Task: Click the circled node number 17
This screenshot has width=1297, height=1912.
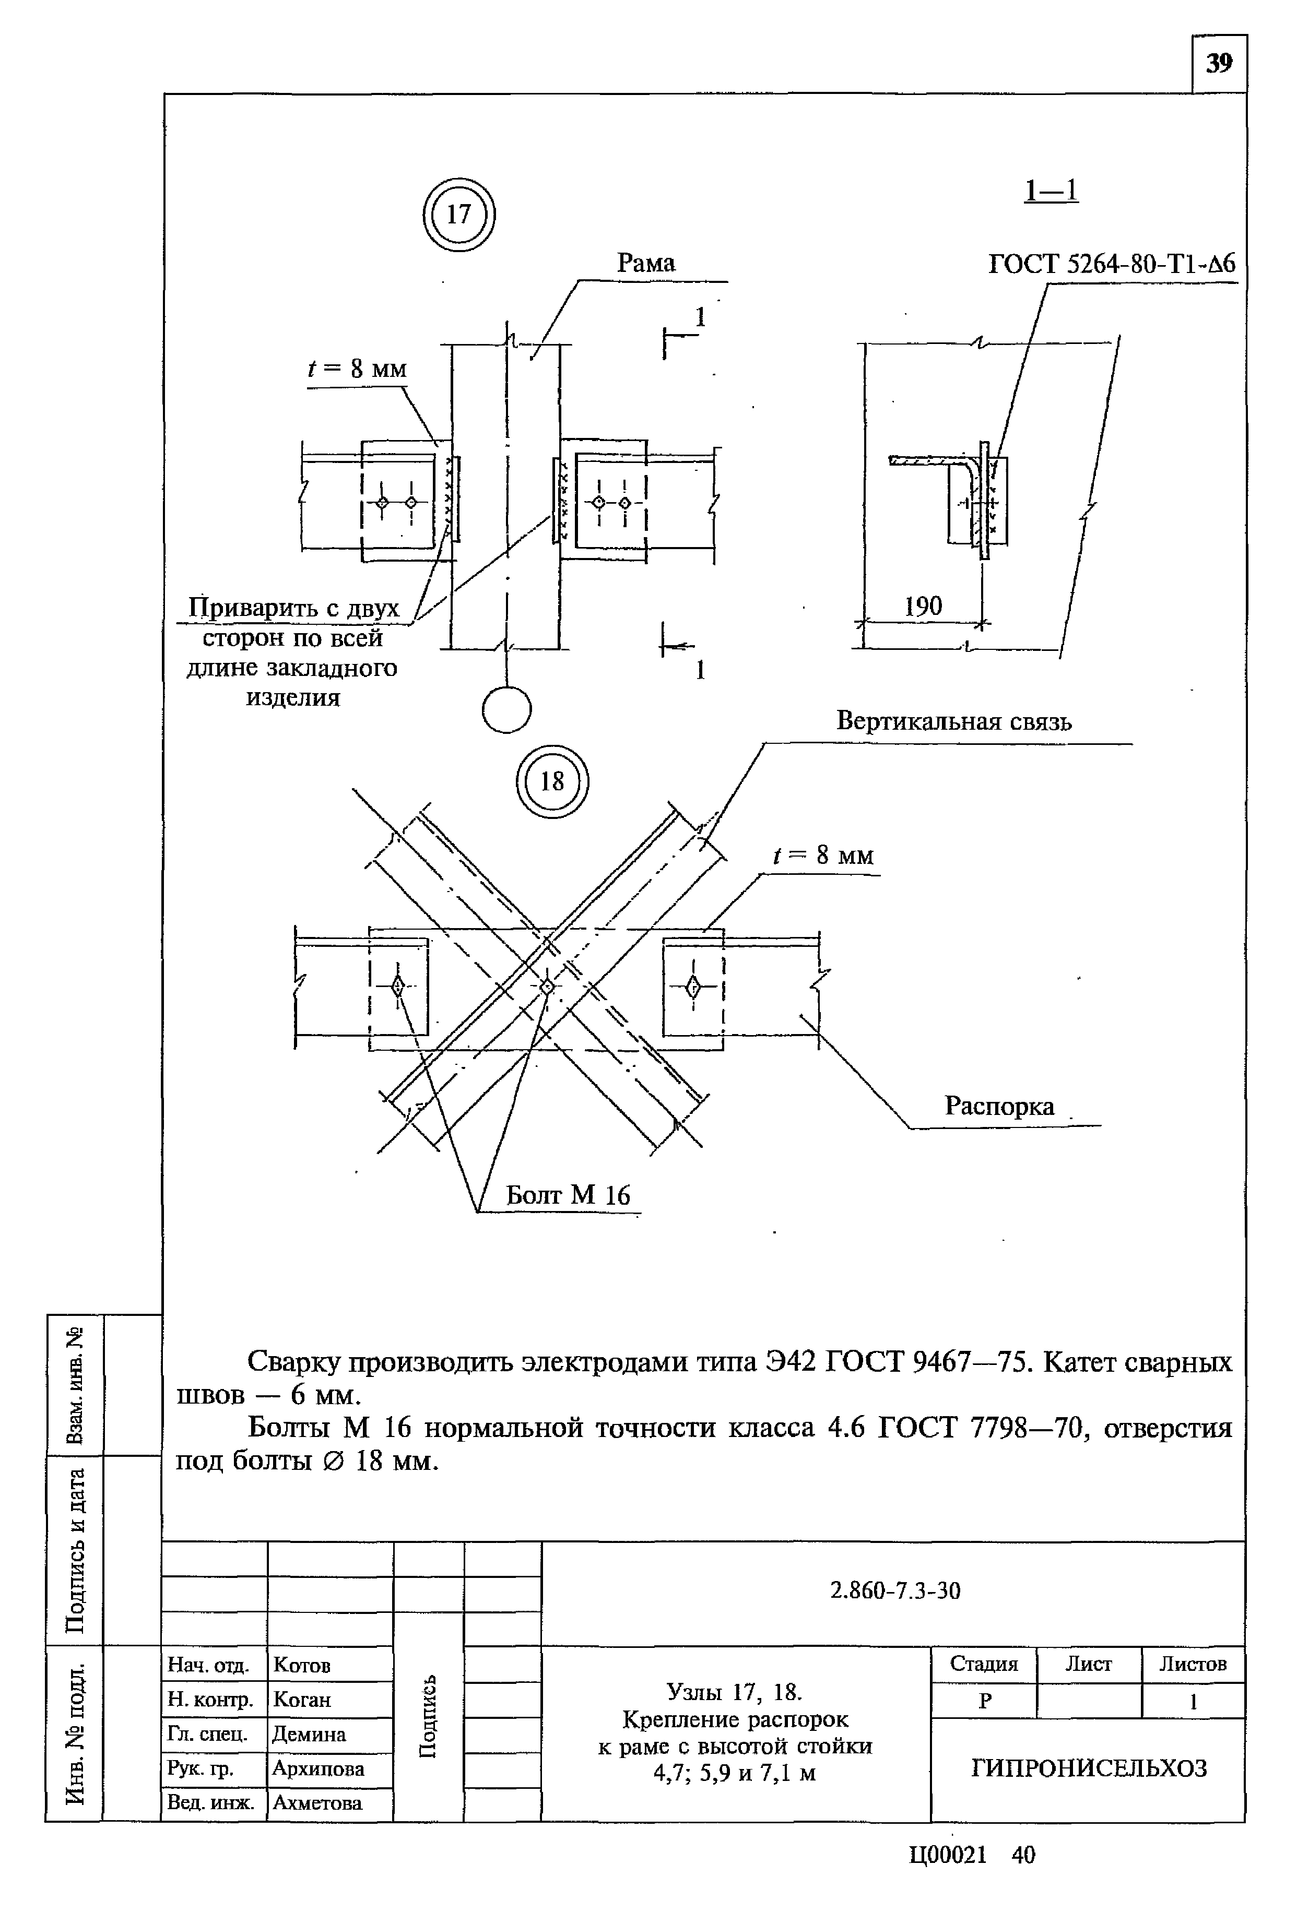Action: click(x=458, y=215)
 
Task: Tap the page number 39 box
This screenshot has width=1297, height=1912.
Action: click(x=1219, y=63)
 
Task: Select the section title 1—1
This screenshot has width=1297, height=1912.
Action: click(x=1051, y=191)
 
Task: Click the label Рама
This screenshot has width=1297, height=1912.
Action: click(x=646, y=263)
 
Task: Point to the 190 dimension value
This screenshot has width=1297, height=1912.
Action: click(x=923, y=607)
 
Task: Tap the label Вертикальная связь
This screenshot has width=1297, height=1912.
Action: click(x=954, y=721)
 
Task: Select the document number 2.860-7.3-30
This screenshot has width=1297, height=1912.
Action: click(x=894, y=1591)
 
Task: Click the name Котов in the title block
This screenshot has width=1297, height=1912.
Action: click(x=301, y=1665)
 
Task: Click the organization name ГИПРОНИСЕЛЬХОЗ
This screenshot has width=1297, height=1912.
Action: click(x=1088, y=1768)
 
